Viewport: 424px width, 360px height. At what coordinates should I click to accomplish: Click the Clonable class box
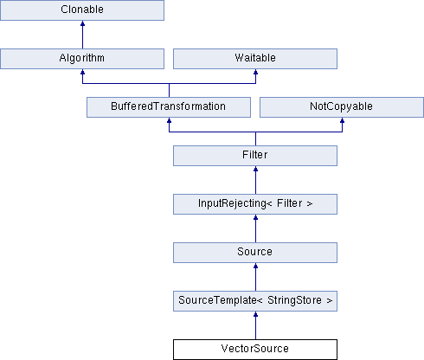[x=82, y=10]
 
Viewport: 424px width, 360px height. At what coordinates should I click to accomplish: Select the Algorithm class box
[x=82, y=59]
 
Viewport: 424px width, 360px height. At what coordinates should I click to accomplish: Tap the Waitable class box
[x=255, y=59]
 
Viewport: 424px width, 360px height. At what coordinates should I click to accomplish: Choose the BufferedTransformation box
[x=169, y=107]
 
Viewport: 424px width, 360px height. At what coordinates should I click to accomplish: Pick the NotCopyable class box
[x=342, y=107]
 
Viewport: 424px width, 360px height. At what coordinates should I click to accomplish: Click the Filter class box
[x=255, y=156]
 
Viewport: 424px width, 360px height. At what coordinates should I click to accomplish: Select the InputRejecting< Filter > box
[x=255, y=204]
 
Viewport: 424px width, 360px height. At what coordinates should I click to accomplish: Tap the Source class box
[x=255, y=253]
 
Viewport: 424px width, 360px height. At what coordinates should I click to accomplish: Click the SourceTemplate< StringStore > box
[x=255, y=301]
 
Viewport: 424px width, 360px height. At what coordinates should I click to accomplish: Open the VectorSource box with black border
[x=255, y=350]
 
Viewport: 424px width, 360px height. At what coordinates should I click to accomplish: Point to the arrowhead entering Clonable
[x=82, y=23]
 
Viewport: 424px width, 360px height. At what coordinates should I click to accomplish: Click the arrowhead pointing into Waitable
[x=255, y=72]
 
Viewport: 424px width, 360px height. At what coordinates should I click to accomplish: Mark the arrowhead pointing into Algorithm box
[x=82, y=72]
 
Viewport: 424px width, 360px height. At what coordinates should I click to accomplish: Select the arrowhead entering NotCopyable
[x=342, y=120]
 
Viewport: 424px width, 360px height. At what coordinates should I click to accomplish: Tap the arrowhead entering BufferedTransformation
[x=169, y=120]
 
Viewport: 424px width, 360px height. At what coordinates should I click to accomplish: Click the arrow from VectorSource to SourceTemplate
[x=255, y=325]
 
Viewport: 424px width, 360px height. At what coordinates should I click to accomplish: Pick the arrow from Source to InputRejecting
[x=255, y=228]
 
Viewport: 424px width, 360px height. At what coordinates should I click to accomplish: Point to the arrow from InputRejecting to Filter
[x=255, y=180]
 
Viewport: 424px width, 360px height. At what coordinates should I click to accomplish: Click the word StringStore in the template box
[x=294, y=300]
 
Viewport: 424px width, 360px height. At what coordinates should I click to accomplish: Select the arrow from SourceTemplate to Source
[x=255, y=277]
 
